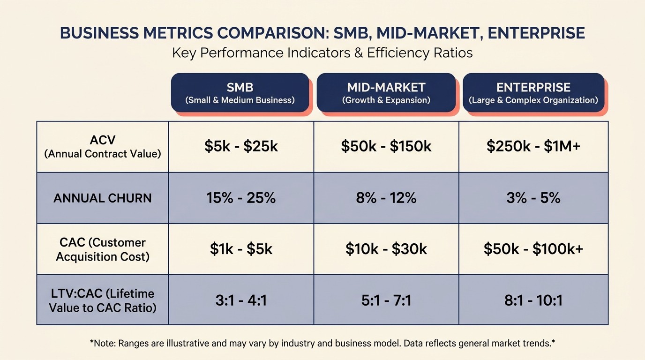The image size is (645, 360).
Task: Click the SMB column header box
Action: tap(240, 93)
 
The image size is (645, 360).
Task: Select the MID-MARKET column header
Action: tap(386, 93)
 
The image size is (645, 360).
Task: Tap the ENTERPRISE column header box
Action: tap(533, 93)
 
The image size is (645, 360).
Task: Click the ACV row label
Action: tap(103, 147)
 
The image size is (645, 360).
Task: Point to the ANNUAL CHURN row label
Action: tap(103, 198)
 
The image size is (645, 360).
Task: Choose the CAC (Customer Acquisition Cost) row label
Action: tap(103, 249)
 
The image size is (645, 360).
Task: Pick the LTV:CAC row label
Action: tap(103, 300)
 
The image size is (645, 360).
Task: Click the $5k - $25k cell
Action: tap(241, 147)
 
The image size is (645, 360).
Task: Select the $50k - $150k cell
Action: tap(386, 147)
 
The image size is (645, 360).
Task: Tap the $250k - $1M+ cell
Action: tap(533, 147)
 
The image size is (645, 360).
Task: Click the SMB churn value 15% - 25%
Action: tap(241, 198)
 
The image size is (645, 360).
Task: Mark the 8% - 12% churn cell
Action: tap(386, 198)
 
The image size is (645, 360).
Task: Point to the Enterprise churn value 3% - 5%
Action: tap(533, 198)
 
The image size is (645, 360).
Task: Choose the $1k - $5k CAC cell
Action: tap(241, 249)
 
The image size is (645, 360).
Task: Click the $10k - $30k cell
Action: tap(386, 249)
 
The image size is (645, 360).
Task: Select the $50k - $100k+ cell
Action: tap(533, 249)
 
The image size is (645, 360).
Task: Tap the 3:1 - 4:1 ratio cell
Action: tap(241, 300)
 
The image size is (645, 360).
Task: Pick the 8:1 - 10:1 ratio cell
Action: tap(533, 300)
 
